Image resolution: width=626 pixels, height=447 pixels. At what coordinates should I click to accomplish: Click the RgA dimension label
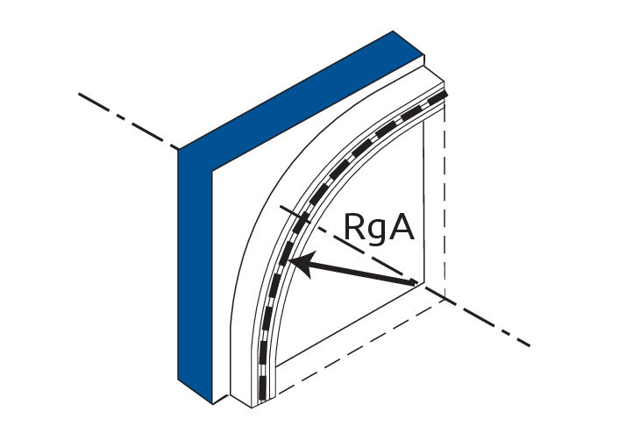[378, 228]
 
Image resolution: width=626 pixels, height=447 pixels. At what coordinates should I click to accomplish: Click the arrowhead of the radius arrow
[295, 260]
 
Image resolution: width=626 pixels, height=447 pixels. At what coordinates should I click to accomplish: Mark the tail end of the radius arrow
[416, 283]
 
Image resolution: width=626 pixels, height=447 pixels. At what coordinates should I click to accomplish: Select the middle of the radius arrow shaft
[355, 272]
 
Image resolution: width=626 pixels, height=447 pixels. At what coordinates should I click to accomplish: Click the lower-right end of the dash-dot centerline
[529, 345]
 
